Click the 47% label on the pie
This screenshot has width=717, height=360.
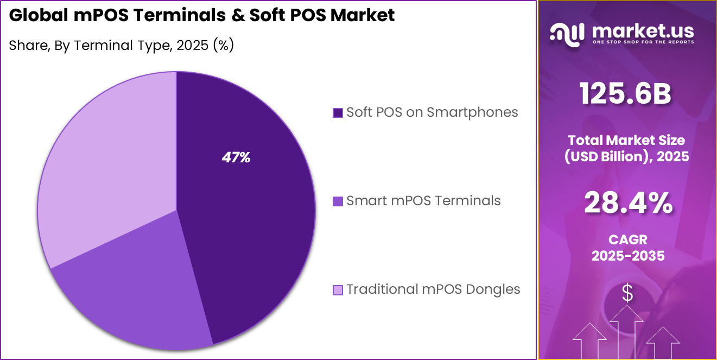coord(236,158)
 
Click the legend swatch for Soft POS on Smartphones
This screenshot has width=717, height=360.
coord(338,113)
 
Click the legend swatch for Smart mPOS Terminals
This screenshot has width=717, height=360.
coord(338,201)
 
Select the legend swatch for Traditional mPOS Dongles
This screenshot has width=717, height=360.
coord(338,290)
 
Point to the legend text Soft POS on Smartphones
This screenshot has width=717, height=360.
coord(432,112)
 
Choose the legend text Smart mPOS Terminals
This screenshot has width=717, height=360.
coord(423,201)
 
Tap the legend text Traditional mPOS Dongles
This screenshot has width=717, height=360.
coord(433,289)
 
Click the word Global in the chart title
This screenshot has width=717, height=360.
coord(38,16)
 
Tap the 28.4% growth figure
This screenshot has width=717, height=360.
coord(628,204)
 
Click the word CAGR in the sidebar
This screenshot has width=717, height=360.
coord(628,239)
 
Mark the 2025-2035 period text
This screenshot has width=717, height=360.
coord(628,256)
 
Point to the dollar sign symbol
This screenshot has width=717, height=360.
coord(627,294)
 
